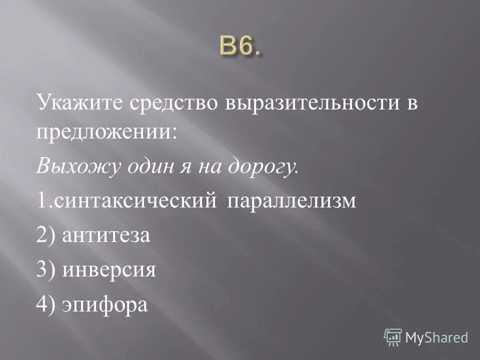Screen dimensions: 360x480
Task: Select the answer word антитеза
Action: click(x=106, y=235)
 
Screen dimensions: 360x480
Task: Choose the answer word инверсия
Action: click(x=109, y=269)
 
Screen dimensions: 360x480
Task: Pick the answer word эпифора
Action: click(x=105, y=304)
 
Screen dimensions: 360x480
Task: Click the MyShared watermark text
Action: click(x=436, y=337)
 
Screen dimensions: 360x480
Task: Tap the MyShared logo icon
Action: click(x=393, y=337)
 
